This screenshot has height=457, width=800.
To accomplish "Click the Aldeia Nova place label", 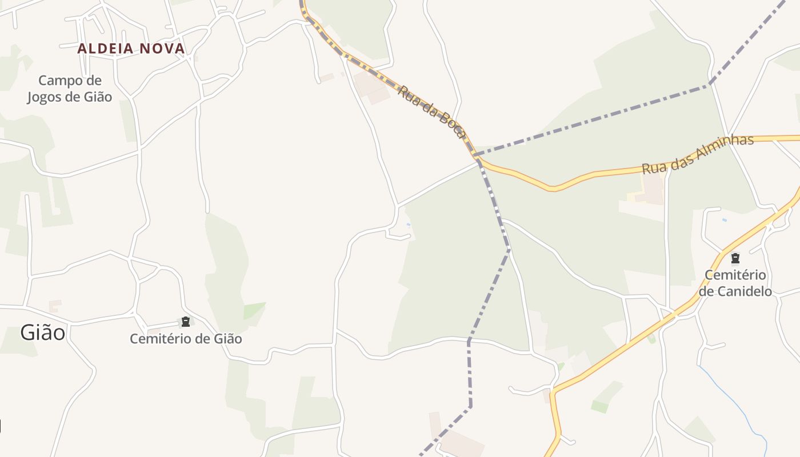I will coord(131,49).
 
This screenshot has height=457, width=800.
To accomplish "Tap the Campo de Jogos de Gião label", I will coord(70,89).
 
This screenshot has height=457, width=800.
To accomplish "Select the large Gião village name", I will coord(43,332).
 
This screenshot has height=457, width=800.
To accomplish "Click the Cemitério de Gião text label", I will coord(186,339).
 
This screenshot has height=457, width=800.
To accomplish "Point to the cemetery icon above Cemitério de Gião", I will coord(185,322).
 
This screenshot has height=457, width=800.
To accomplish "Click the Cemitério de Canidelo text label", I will coord(735,283).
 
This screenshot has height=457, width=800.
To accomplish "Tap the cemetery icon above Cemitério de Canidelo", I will coord(735,259).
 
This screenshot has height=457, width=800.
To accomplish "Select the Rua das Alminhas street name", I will coord(698,155).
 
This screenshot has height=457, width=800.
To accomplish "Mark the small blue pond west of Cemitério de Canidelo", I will coord(725,220).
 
